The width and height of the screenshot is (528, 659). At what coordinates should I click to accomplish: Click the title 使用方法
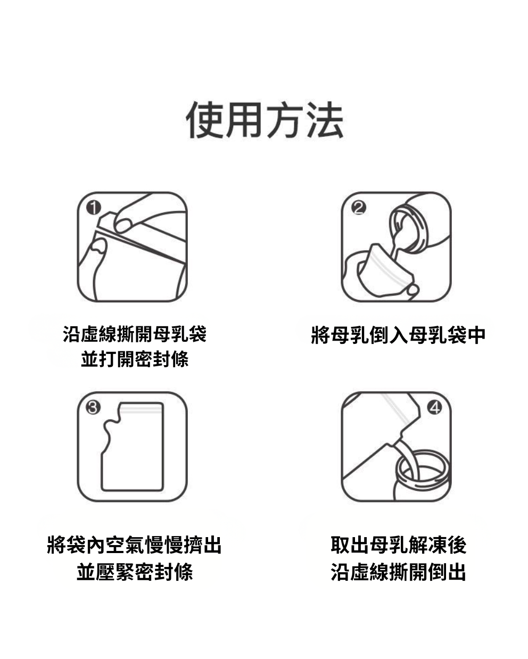click(265, 120)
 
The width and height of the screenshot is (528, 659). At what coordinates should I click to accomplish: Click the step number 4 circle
click(435, 408)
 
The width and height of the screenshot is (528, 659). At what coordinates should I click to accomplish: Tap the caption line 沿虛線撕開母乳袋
click(135, 335)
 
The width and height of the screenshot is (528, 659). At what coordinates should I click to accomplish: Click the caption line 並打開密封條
click(135, 360)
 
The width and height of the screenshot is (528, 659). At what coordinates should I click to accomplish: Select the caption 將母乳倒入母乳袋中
click(398, 335)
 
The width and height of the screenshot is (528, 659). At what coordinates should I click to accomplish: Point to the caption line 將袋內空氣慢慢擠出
click(135, 545)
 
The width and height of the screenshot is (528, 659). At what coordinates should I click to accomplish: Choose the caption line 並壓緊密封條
click(135, 572)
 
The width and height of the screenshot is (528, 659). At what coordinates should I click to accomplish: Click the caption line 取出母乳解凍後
click(398, 545)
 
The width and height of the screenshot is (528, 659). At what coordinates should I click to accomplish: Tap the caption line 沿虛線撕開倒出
click(398, 572)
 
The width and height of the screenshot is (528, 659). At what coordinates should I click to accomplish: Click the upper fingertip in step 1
click(123, 224)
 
